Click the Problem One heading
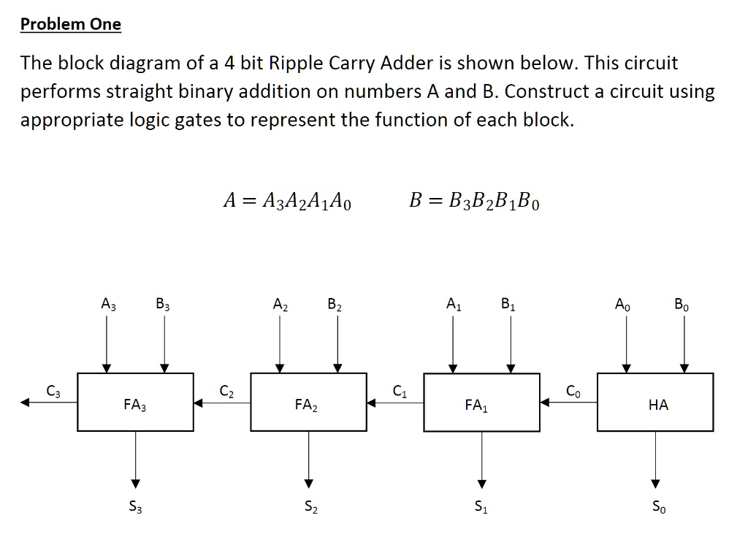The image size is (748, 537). coord(71,24)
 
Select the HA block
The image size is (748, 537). coord(655,403)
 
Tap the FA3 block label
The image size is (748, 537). coord(135,405)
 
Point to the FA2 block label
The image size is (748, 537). coord(306,405)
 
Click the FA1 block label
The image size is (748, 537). coord(476,405)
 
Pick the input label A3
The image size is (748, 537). coord(109,304)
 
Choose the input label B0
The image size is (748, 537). coord(682,304)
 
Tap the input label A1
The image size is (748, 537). coord(454,304)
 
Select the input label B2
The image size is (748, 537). coord(335,304)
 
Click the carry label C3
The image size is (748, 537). coord(53,392)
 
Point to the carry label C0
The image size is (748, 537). coord(573,392)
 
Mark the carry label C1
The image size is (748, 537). coord(400,392)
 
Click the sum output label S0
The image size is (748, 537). coord(659,506)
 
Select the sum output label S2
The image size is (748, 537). coord(311,506)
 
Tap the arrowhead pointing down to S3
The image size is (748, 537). coord(135,484)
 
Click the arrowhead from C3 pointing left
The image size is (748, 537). coord(24,403)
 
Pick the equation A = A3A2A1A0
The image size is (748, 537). coord(287,200)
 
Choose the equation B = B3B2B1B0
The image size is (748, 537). coord(474,200)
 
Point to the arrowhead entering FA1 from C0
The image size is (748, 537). coord(545,403)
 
